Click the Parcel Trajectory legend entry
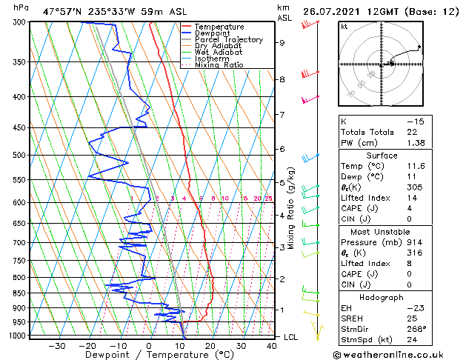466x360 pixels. pos(228,39)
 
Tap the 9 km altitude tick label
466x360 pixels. pos(282,43)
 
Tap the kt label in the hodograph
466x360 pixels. pos(344,26)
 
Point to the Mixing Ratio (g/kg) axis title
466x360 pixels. pos(291,207)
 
